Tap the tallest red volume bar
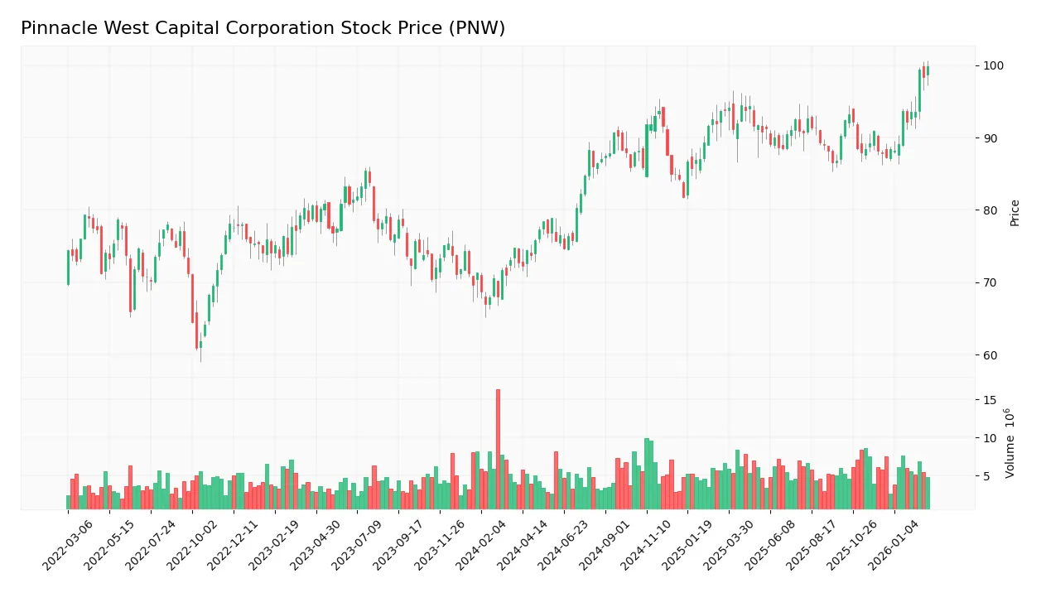(x=498, y=448)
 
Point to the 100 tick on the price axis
(x=994, y=65)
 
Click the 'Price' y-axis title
(x=1014, y=213)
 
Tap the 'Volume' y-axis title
(x=1010, y=443)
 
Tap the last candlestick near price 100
(x=928, y=70)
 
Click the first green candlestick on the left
(x=68, y=268)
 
